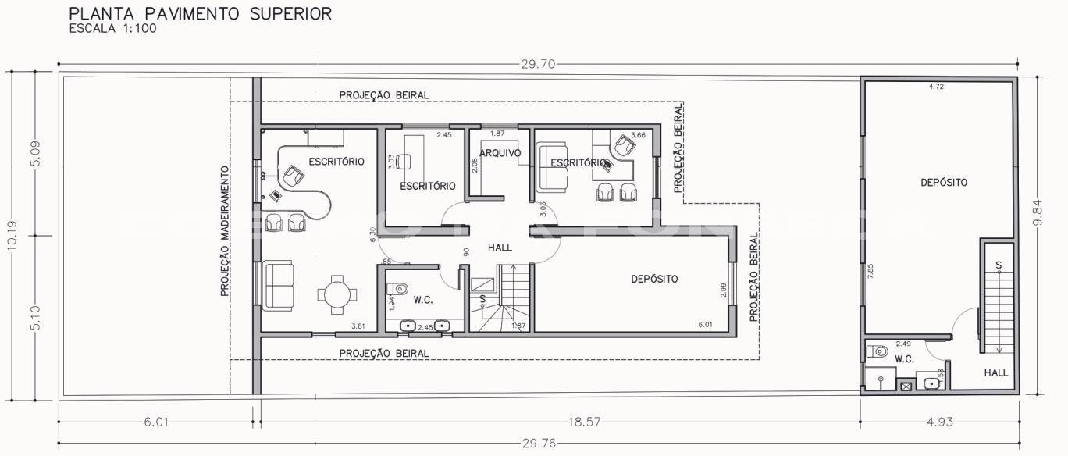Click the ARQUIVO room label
(x=500, y=153)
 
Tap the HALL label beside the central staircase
(x=500, y=248)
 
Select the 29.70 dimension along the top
(x=538, y=64)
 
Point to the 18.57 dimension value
(x=584, y=422)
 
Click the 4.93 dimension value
(x=940, y=422)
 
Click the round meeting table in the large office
(x=337, y=295)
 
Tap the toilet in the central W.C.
(x=397, y=289)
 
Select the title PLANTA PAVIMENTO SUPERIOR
(x=200, y=14)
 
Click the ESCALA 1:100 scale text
(x=113, y=29)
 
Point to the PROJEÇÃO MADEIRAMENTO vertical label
(x=225, y=231)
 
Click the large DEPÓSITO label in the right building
(x=944, y=183)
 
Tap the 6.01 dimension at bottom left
(x=156, y=422)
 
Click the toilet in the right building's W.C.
(x=878, y=351)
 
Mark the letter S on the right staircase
(x=998, y=265)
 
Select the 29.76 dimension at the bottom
(x=539, y=444)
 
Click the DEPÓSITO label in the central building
(x=654, y=279)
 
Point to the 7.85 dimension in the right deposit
(x=870, y=272)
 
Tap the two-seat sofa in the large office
(x=279, y=286)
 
